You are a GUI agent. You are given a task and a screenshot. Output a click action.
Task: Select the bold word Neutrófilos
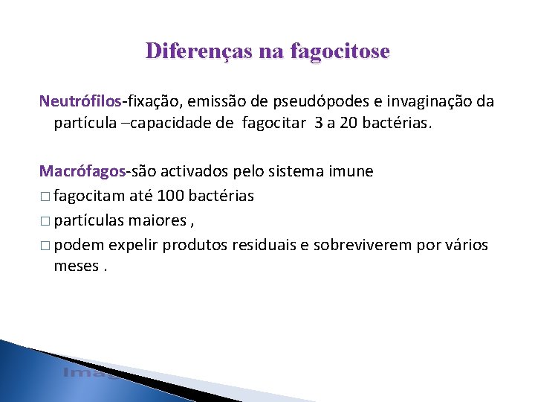pos(81,100)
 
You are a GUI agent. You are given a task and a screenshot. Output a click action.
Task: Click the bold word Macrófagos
pos(81,171)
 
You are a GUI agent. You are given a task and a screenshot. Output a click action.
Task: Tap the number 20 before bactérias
pos(352,122)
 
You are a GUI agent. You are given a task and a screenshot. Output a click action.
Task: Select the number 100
pos(171,196)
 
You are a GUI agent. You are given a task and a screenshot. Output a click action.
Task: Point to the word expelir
pos(133,245)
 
